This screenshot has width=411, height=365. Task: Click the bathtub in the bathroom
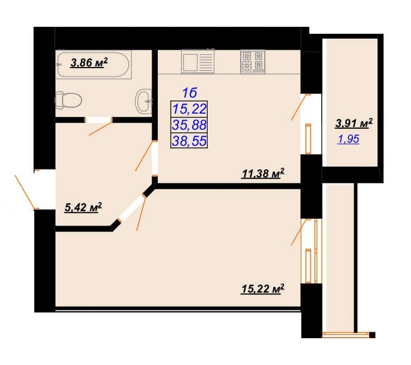pyautogui.click(x=93, y=65)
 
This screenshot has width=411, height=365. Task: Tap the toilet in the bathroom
pyautogui.click(x=68, y=100)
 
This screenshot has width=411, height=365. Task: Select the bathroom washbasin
pyautogui.click(x=143, y=101)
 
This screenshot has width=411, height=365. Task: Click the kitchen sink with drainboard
pyautogui.click(x=197, y=63)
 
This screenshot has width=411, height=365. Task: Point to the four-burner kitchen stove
pyautogui.click(x=253, y=62)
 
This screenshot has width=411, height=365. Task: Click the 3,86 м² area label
pyautogui.click(x=89, y=63)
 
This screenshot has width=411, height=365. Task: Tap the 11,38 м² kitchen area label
pyautogui.click(x=263, y=173)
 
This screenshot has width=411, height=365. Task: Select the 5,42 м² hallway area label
pyautogui.click(x=83, y=207)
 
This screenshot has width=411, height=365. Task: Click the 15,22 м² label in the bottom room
pyautogui.click(x=263, y=289)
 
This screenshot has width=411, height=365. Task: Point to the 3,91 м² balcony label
pyautogui.click(x=354, y=123)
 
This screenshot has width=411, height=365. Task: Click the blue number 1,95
pyautogui.click(x=348, y=139)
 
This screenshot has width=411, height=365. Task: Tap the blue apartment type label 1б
pyautogui.click(x=189, y=93)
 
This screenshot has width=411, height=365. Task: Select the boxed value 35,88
pyautogui.click(x=189, y=125)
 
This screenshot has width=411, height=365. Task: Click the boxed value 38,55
pyautogui.click(x=189, y=141)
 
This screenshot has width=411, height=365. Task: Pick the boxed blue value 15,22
pyautogui.click(x=189, y=109)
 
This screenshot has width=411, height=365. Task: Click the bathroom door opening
pyautogui.click(x=98, y=120)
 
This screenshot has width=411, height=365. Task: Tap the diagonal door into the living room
pyautogui.click(x=132, y=208)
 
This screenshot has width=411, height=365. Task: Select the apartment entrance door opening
pyautogui.click(x=45, y=190)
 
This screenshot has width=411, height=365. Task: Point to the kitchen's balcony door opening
pyautogui.click(x=311, y=124)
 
